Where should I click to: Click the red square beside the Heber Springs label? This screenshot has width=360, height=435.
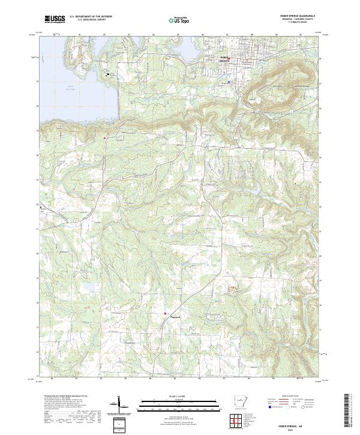coord(229,58)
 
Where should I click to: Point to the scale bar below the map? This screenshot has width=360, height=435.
coord(179,403)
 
